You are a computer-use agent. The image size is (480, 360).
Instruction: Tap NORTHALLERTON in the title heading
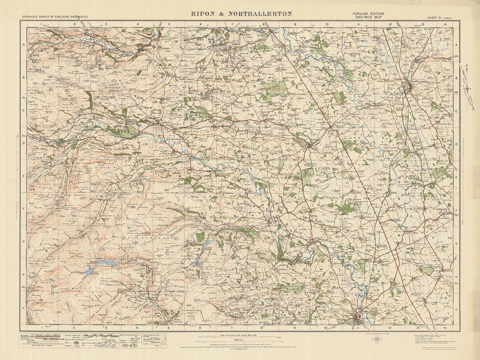tap(259, 13)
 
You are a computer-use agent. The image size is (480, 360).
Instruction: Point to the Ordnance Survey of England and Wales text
tap(54, 16)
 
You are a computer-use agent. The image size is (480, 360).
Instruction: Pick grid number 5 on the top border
tap(169, 24)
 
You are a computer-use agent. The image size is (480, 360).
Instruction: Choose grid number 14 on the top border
tap(444, 24)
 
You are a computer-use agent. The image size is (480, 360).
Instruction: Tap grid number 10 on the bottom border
tap(326, 327)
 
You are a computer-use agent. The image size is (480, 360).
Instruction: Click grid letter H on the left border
tap(23, 276)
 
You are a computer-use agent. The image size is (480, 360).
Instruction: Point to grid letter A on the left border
tap(23, 46)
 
